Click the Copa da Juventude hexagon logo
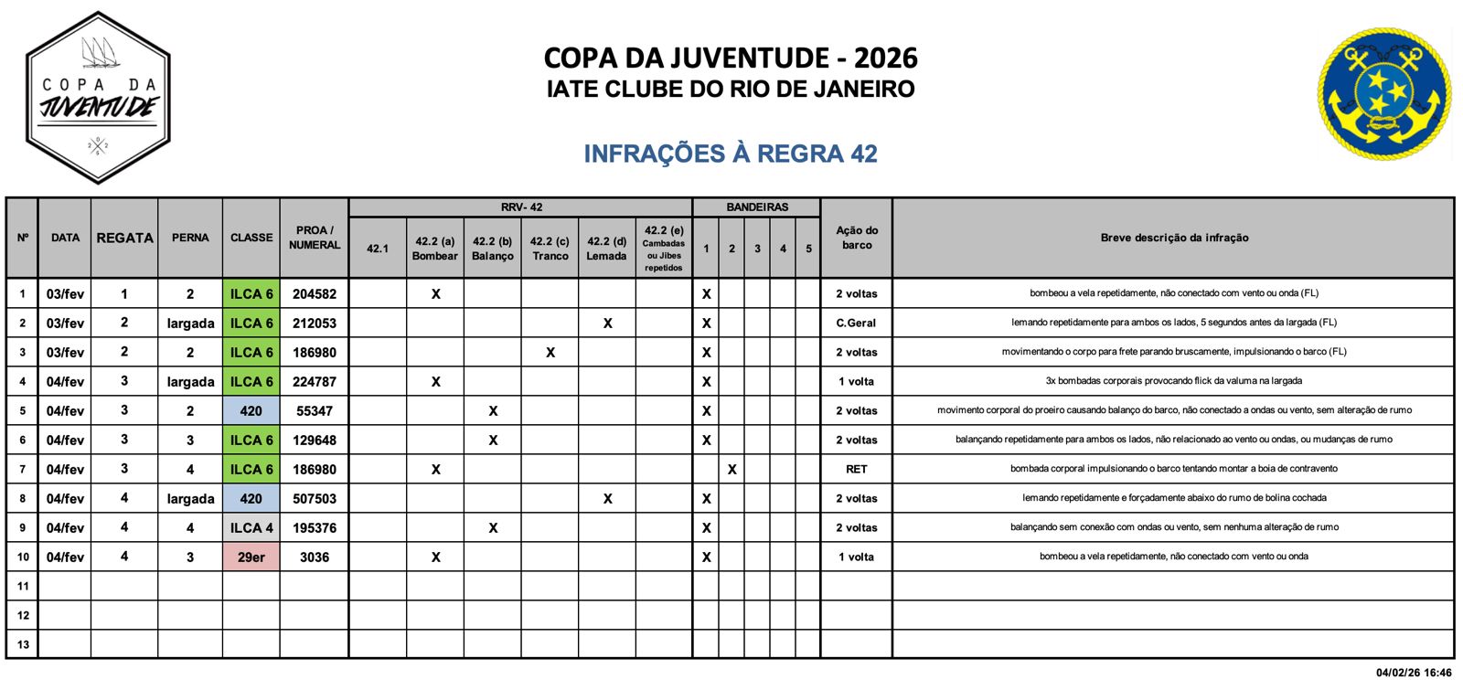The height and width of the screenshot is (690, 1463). (x=98, y=97)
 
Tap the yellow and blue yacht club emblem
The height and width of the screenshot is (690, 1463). (x=1384, y=93)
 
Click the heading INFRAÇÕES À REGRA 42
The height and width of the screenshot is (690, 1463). (x=731, y=154)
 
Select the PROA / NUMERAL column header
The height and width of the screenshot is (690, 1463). (x=314, y=238)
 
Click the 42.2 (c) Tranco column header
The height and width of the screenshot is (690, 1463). (x=550, y=249)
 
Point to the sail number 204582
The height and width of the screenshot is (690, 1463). (x=314, y=294)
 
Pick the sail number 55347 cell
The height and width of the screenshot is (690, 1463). (x=314, y=411)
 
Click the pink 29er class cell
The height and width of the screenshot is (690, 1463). (x=251, y=557)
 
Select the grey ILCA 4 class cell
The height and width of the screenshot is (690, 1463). (x=251, y=528)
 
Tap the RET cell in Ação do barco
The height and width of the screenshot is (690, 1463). (x=856, y=470)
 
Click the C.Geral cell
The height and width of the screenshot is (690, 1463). (x=856, y=324)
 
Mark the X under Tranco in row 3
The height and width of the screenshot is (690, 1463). (x=550, y=353)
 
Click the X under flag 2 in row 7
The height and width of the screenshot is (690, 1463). (x=731, y=470)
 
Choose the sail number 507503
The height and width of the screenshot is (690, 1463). (x=314, y=499)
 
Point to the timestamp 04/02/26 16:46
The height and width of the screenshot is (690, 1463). (x=1413, y=674)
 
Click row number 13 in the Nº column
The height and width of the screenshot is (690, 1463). (x=23, y=644)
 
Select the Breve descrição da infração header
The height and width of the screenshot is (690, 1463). (x=1174, y=238)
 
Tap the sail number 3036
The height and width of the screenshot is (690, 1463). (x=314, y=557)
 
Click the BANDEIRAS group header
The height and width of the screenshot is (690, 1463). (x=757, y=207)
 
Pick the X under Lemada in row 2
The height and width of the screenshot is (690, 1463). (x=607, y=324)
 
